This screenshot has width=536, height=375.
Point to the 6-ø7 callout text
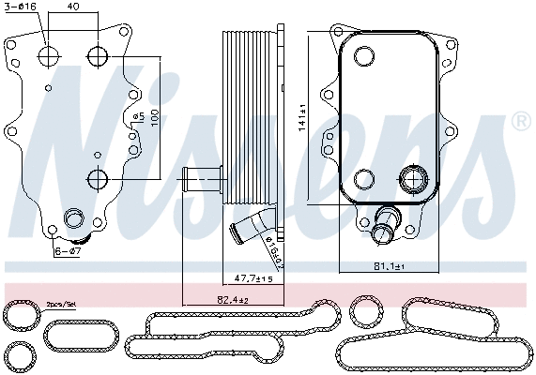point(69,252)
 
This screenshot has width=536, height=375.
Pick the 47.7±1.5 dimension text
point(254,279)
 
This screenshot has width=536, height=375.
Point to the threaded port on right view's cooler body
point(413,178)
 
